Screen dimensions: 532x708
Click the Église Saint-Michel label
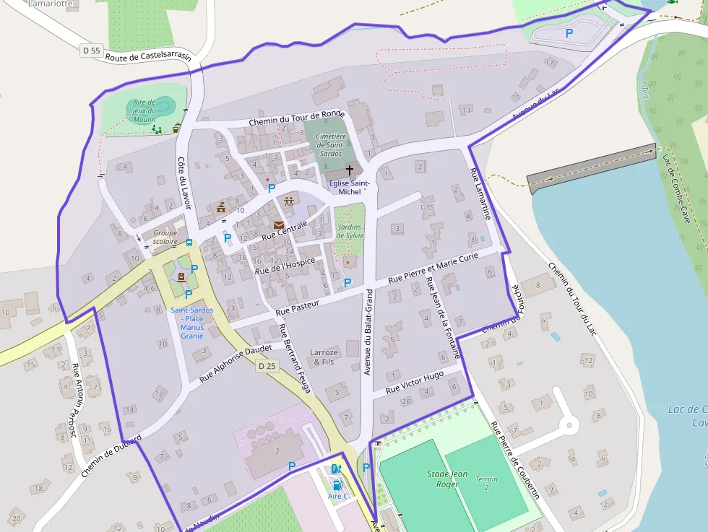click(x=349, y=187)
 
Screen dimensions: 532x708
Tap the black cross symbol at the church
click(x=350, y=170)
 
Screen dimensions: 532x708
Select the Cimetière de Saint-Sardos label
click(x=332, y=144)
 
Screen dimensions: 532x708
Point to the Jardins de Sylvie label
click(x=350, y=231)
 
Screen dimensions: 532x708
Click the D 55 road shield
click(x=90, y=51)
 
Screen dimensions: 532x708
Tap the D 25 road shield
click(x=267, y=366)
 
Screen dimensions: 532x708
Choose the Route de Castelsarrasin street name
click(x=148, y=57)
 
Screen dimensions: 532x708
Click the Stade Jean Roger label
click(x=447, y=479)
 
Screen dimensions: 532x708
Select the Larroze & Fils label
click(x=322, y=357)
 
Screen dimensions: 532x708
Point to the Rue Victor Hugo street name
click(x=414, y=383)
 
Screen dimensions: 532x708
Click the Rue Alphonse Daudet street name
click(x=236, y=362)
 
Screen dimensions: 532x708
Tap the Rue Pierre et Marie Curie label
click(x=433, y=268)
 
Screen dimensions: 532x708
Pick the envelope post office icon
click(x=278, y=225)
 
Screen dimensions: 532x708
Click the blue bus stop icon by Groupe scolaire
click(x=189, y=243)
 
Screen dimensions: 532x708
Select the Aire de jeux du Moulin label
click(x=144, y=110)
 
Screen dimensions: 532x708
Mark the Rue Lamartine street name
click(x=481, y=193)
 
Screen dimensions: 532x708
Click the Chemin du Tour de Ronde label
click(x=297, y=118)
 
